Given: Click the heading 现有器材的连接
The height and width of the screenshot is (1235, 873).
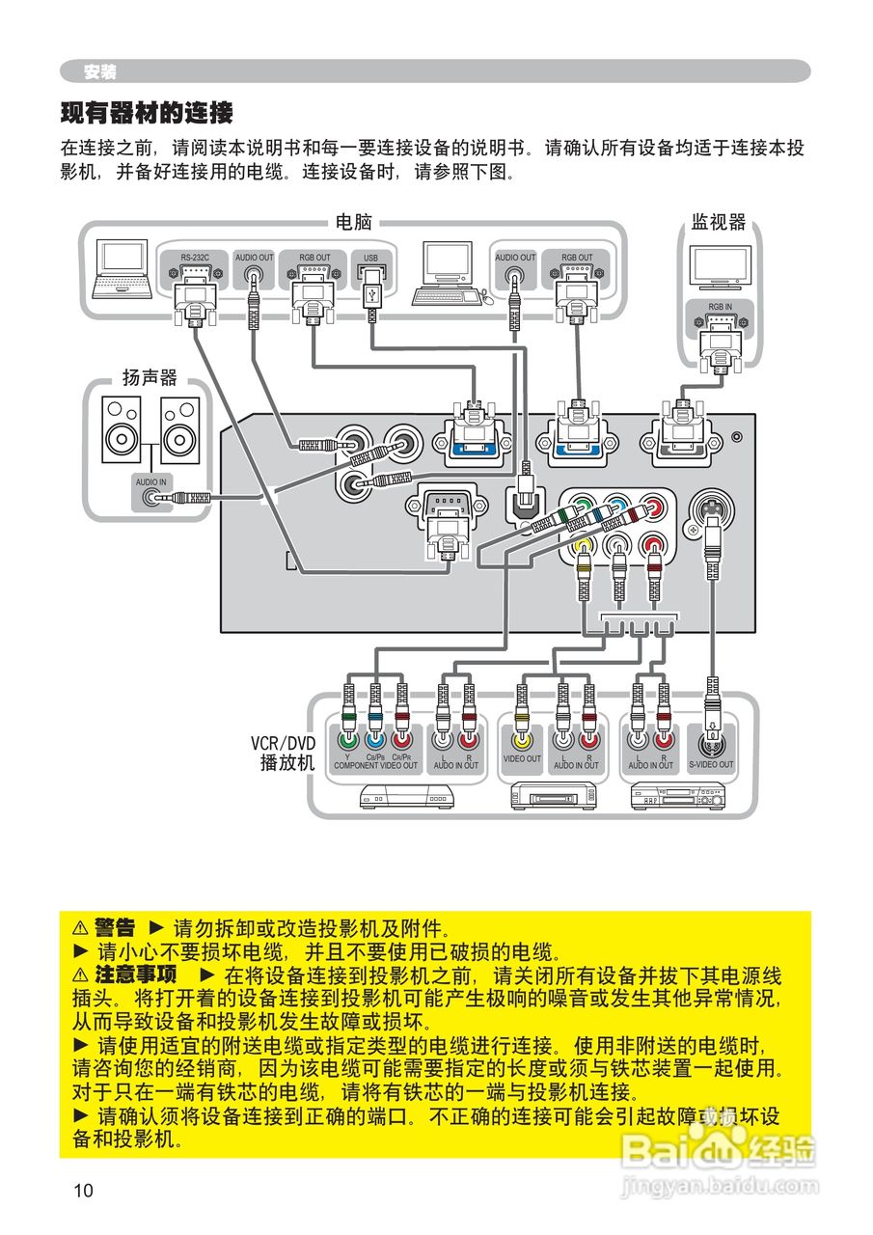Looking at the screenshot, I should click(147, 114).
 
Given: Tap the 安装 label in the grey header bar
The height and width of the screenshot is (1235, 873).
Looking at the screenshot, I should click(99, 72).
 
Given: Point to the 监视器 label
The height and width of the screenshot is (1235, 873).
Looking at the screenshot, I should click(718, 223).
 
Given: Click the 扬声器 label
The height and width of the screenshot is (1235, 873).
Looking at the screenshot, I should click(150, 377).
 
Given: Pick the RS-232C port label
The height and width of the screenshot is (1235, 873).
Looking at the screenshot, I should click(194, 258).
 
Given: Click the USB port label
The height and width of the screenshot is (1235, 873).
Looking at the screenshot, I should click(371, 258).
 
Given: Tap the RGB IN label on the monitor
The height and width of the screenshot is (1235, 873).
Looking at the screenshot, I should click(720, 307).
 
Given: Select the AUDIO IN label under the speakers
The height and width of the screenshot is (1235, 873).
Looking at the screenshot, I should click(150, 480).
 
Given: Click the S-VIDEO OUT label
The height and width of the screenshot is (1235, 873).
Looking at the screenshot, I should click(711, 765).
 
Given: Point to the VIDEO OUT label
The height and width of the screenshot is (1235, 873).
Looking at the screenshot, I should click(522, 759).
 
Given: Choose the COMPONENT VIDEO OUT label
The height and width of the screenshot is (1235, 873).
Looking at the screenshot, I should click(375, 766).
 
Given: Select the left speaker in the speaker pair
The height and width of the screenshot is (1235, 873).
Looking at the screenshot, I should click(123, 430).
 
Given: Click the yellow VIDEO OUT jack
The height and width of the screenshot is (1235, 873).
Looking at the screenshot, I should click(522, 741).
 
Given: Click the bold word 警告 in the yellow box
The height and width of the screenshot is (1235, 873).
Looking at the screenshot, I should click(115, 928).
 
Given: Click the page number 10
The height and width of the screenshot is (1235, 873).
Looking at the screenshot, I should click(83, 1191).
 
